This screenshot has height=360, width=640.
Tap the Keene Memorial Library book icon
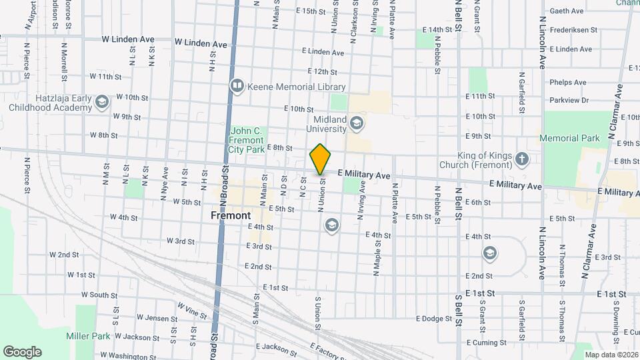[x=237, y=86]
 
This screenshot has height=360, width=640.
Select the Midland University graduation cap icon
[x=357, y=122]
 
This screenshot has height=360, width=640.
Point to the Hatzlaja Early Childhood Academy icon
[x=101, y=101]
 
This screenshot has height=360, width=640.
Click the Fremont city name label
[x=231, y=215]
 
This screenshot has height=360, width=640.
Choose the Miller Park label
[x=88, y=336]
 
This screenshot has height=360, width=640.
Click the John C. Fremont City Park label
[x=247, y=141]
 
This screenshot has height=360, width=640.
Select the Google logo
[x=22, y=351]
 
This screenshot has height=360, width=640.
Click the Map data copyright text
[x=611, y=355]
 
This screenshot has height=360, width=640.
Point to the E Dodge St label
[x=433, y=319]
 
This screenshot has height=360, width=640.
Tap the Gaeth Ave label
[x=567, y=11]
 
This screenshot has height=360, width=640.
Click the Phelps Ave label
[x=567, y=83]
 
